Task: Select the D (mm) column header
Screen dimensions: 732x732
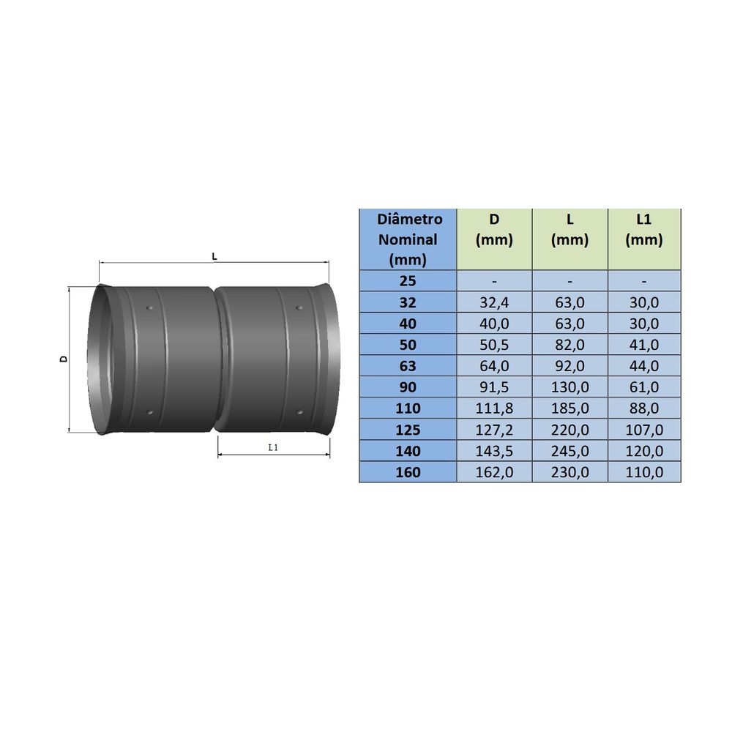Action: pos(494,229)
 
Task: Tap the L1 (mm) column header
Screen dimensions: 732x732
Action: pos(643,229)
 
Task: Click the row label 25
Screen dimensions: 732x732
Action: pos(408,281)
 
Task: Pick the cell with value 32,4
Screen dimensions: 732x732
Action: pos(494,302)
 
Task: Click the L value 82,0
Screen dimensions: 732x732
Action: pos(569,345)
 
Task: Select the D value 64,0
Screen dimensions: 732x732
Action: pos(494,366)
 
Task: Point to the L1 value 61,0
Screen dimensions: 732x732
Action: pos(643,387)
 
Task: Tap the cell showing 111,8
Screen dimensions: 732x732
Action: pos(494,408)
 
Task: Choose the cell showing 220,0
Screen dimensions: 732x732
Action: pos(569,430)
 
